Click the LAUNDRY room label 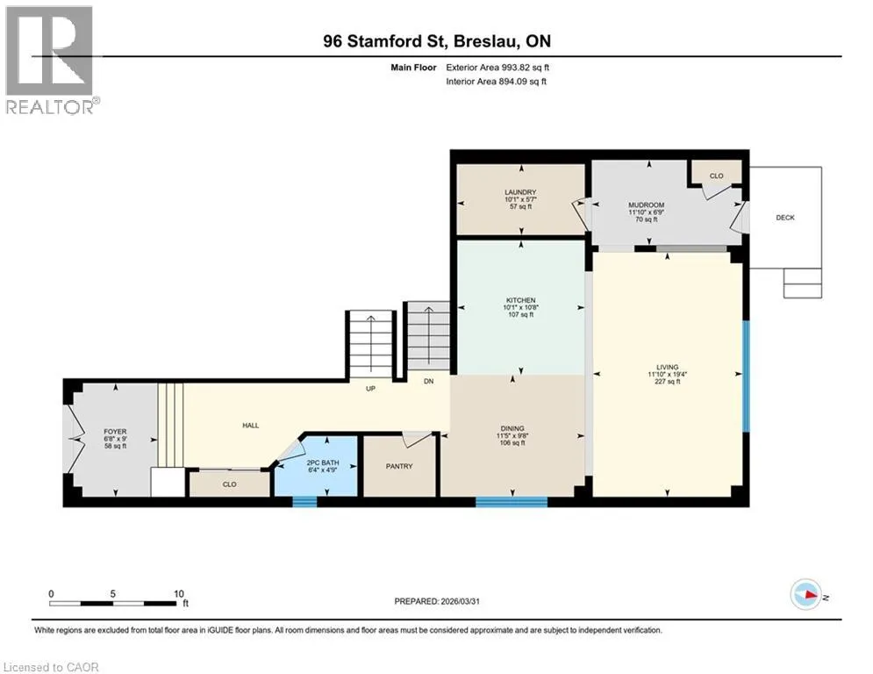pyautogui.click(x=520, y=192)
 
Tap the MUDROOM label pyautogui.click(x=647, y=205)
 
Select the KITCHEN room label pyautogui.click(x=520, y=300)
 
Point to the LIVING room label pyautogui.click(x=667, y=367)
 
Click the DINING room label pyautogui.click(x=512, y=429)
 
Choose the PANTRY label pyautogui.click(x=399, y=466)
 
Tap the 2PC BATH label pyautogui.click(x=323, y=462)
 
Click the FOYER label pyautogui.click(x=115, y=432)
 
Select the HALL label pyautogui.click(x=251, y=426)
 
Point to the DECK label pyautogui.click(x=785, y=218)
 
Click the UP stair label pyautogui.click(x=370, y=389)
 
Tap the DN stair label pyautogui.click(x=429, y=382)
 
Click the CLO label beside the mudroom pyautogui.click(x=717, y=176)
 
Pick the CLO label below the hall pyautogui.click(x=229, y=484)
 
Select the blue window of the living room pyautogui.click(x=746, y=376)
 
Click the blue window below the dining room pyautogui.click(x=512, y=502)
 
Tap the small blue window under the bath pyautogui.click(x=305, y=502)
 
